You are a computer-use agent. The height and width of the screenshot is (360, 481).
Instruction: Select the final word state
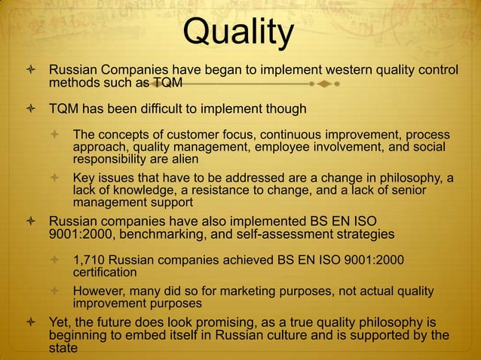[x=64, y=348]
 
